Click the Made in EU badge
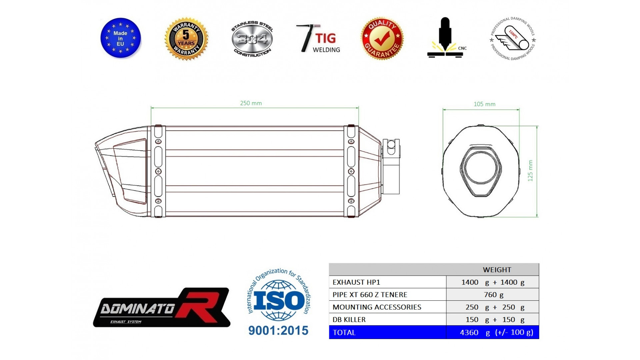(x=121, y=38)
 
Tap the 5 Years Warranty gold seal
(x=186, y=39)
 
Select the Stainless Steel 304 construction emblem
(x=252, y=39)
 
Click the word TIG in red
(x=326, y=38)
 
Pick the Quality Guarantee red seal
(x=382, y=38)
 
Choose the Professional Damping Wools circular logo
(x=513, y=39)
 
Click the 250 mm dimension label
(x=251, y=103)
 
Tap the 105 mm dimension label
(x=484, y=104)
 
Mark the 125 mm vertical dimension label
(x=530, y=171)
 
